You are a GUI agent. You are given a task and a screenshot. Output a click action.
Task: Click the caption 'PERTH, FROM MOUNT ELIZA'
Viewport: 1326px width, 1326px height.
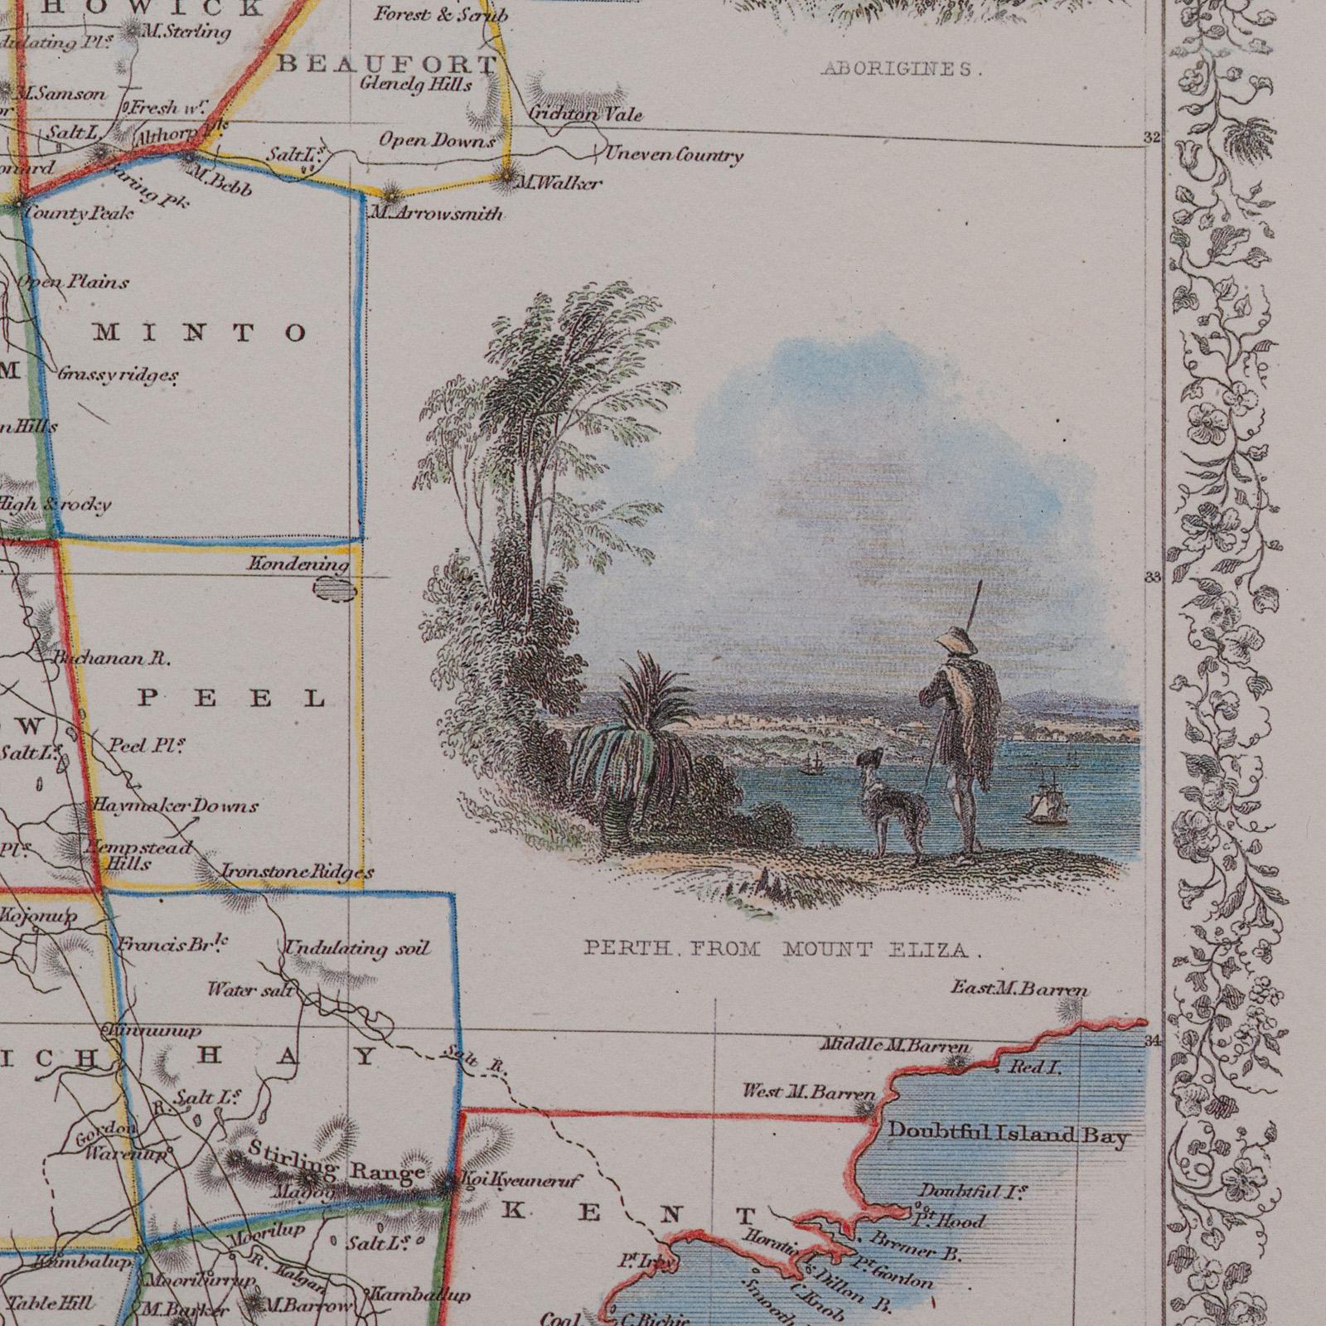pos(782,950)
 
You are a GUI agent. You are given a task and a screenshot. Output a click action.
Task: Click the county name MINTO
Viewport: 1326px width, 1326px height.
pos(200,333)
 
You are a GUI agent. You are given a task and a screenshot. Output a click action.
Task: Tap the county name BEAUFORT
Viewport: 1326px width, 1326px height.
pos(386,64)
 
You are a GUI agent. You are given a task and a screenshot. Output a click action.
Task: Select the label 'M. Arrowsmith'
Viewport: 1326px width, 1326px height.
pos(437,214)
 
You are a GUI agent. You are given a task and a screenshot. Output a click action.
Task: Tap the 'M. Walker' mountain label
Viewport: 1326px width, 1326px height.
pos(559,183)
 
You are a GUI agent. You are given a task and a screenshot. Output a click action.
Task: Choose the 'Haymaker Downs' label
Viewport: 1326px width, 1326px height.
pos(174,806)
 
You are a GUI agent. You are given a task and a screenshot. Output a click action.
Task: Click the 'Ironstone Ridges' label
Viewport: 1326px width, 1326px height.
pos(298,872)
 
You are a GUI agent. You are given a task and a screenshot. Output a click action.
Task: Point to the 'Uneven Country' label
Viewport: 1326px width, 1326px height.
pos(673,155)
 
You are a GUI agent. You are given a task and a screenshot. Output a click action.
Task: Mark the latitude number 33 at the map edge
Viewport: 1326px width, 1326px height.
pos(1153,578)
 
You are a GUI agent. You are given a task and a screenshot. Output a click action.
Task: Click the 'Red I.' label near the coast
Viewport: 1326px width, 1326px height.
pos(1034,1068)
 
